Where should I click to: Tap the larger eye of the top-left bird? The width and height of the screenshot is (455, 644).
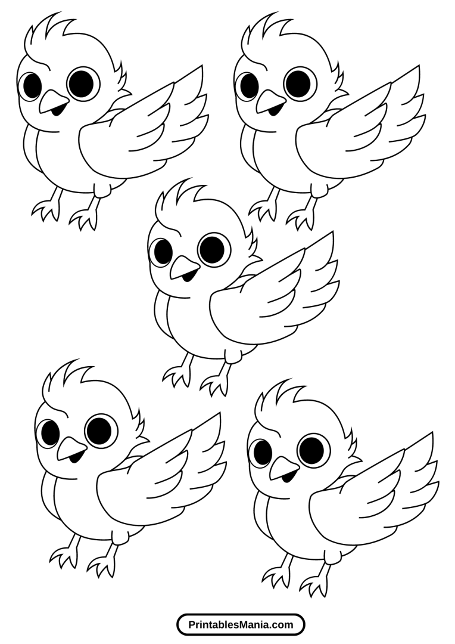point(84,83)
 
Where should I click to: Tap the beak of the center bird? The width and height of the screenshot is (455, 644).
point(184,269)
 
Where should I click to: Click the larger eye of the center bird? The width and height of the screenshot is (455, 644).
point(214,250)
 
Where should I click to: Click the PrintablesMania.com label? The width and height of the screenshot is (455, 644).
point(241,625)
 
